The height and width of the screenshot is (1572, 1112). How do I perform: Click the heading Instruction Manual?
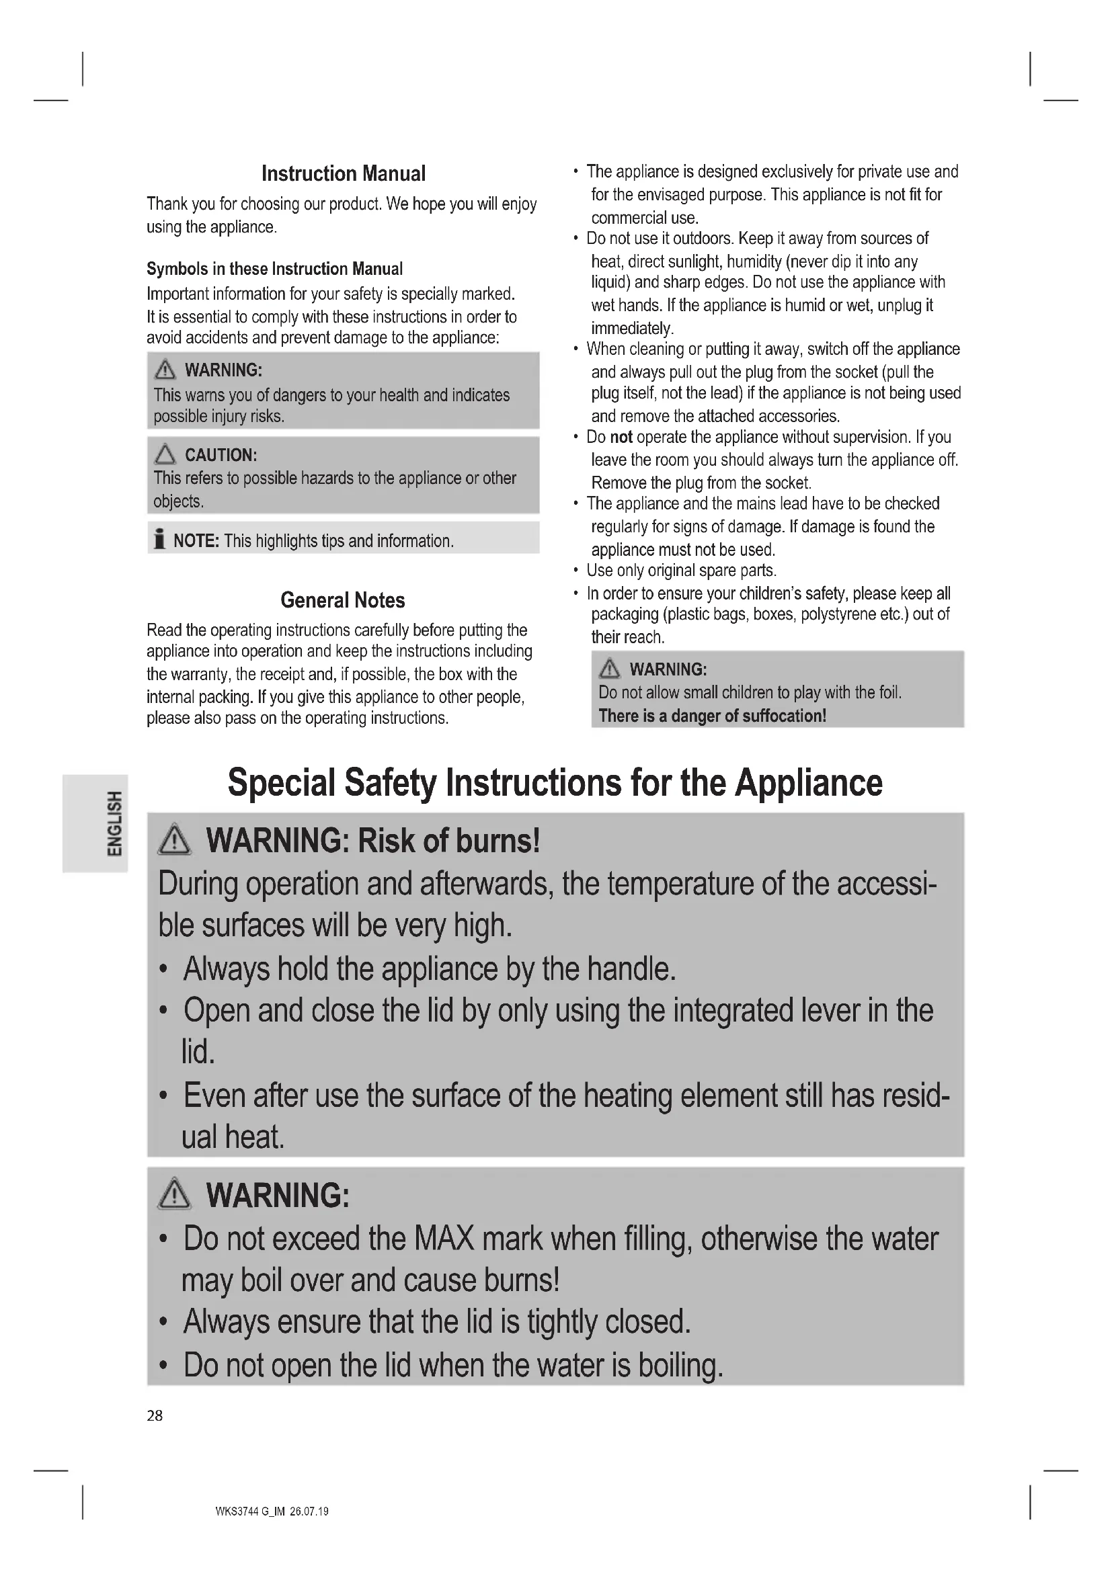pos(343,174)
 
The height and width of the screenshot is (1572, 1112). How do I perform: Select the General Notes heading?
pos(342,600)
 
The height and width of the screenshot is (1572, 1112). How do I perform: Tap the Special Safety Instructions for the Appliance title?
pos(555,782)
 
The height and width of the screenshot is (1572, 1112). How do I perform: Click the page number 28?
pos(155,1416)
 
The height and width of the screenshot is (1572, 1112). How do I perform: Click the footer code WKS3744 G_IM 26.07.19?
pos(272,1512)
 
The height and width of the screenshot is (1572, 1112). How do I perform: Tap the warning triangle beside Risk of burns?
pos(174,841)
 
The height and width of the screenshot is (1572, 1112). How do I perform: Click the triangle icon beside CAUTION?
pos(165,454)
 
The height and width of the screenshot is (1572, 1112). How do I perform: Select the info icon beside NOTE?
pos(159,540)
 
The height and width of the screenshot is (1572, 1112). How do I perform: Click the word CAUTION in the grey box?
pos(221,455)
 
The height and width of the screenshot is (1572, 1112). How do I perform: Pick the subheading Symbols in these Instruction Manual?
pos(274,269)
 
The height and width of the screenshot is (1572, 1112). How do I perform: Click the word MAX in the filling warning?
pos(444,1239)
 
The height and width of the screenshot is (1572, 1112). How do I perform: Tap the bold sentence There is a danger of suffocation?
pos(712,716)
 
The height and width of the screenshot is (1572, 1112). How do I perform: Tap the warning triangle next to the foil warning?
pos(609,668)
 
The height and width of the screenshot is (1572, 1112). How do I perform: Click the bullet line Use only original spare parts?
pos(681,571)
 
